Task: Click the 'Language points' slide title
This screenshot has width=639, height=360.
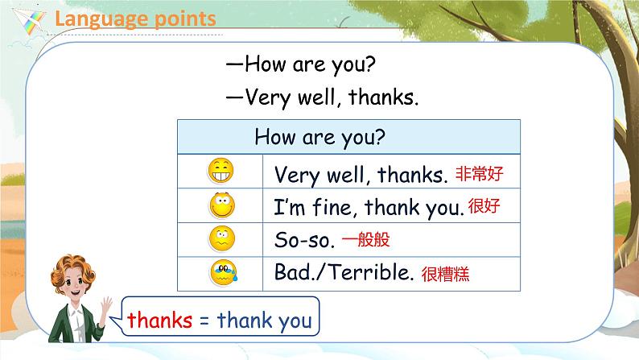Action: click(x=135, y=18)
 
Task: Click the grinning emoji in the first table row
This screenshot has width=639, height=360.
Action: click(x=221, y=172)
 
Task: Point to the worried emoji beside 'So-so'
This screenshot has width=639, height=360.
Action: click(x=221, y=240)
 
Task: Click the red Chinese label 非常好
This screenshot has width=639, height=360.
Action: click(x=483, y=173)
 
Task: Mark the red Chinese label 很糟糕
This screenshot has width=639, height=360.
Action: click(x=443, y=274)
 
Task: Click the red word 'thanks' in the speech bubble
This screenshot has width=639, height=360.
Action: click(x=159, y=320)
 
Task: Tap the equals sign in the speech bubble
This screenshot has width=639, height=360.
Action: click(x=204, y=321)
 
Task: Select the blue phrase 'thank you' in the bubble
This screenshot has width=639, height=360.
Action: click(x=264, y=321)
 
